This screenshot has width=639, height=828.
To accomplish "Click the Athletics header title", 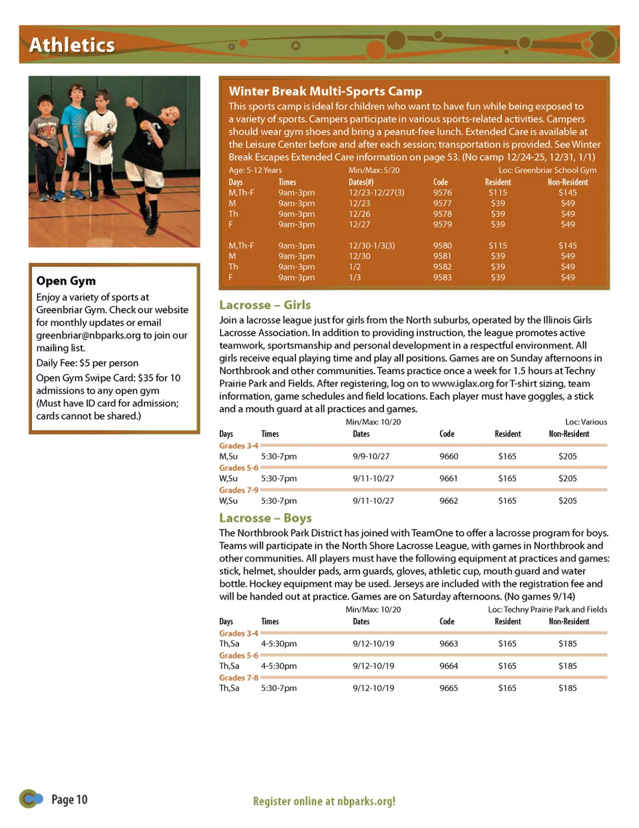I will click(x=72, y=45).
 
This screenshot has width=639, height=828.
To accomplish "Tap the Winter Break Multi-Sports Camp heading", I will click(x=325, y=91).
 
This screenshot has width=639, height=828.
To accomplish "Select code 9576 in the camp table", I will click(x=442, y=193).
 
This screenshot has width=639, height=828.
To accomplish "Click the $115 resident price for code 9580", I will click(x=497, y=245).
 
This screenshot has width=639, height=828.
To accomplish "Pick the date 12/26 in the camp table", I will click(x=359, y=214).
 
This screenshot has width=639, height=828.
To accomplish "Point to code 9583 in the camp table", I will click(x=442, y=277).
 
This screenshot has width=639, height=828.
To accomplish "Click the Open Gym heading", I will click(x=66, y=281).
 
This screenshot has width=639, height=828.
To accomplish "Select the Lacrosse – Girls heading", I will click(x=265, y=305).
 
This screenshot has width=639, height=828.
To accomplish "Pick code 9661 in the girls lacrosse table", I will click(x=449, y=478).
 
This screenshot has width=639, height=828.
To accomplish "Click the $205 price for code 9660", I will click(x=567, y=456).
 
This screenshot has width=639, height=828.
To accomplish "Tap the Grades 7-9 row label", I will click(x=238, y=490).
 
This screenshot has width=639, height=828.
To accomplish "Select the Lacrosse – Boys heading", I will click(x=265, y=518).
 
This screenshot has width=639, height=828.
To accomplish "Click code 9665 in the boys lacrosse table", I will click(x=449, y=688).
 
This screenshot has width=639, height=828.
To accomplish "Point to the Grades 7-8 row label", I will click(x=238, y=678).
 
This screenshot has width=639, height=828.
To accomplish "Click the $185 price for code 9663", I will click(x=567, y=644).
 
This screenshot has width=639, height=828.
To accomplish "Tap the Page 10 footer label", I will click(x=69, y=799).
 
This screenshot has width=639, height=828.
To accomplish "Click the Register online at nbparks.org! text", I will click(x=324, y=801).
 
